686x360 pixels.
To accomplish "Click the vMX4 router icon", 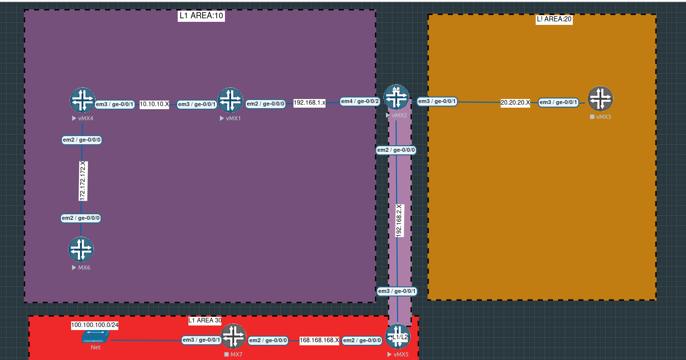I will click(x=82, y=100).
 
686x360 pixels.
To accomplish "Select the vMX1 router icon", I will click(x=230, y=100).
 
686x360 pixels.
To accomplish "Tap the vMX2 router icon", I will click(x=396, y=97).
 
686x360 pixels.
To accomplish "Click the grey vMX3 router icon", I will click(x=600, y=99).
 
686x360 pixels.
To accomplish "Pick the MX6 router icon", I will click(x=81, y=249).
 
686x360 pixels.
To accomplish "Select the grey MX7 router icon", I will click(x=234, y=336).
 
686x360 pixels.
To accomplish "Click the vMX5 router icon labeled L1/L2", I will click(x=398, y=336).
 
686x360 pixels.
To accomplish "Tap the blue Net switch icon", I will click(x=95, y=337).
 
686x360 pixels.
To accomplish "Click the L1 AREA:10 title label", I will click(x=201, y=16).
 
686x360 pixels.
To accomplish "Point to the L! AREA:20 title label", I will click(x=554, y=20).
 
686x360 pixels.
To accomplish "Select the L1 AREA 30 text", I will click(x=205, y=320).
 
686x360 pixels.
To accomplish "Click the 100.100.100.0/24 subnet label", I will click(x=94, y=325).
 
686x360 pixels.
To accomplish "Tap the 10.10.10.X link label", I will click(x=154, y=104).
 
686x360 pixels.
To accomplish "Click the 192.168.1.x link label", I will click(x=309, y=103).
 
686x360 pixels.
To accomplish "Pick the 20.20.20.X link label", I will click(x=515, y=103).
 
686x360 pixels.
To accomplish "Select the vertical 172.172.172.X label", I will click(x=82, y=181).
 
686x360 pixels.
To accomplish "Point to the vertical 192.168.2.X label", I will click(x=399, y=220).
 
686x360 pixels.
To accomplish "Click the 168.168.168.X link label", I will click(x=319, y=340).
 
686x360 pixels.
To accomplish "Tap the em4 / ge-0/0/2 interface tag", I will click(x=360, y=102).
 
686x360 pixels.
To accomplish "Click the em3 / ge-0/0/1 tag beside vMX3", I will click(x=559, y=103).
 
